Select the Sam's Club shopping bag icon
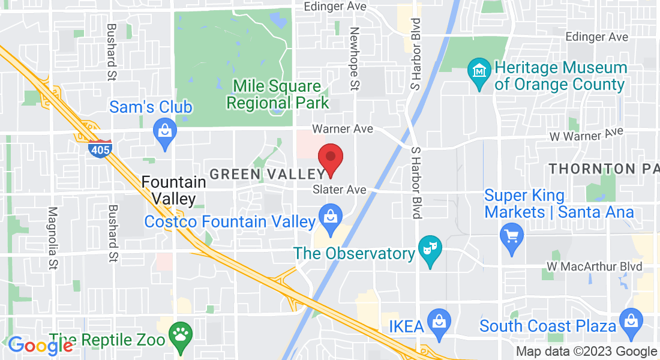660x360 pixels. pos(164,128)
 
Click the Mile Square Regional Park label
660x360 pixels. pos(277,94)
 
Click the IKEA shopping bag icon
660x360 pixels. pos(439,320)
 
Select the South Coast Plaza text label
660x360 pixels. pos(548,326)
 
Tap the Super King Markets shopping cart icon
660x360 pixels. pos(512,235)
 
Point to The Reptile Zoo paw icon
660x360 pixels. pos(179,334)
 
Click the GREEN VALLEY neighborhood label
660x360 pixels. pos(267,174)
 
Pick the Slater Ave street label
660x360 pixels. pos(340,189)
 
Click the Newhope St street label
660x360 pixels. pos(354,59)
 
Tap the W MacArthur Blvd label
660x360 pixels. pos(594,266)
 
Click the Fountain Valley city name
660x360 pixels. pos(169,189)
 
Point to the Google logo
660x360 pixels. pos(40,346)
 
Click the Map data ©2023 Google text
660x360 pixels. pos(586,352)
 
